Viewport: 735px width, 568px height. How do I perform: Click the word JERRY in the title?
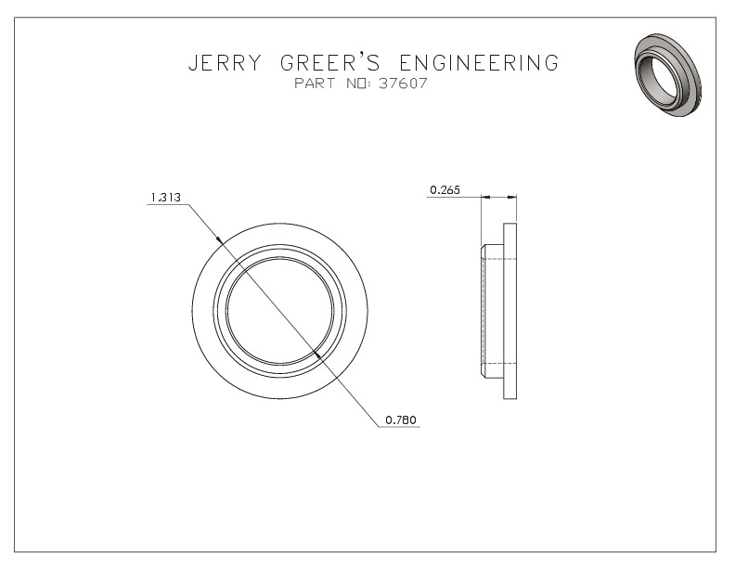tap(225, 63)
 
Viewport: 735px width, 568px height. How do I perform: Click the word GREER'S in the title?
tap(330, 63)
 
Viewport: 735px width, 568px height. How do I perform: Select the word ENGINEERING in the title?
tap(479, 63)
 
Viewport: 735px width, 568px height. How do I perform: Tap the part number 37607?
tap(403, 84)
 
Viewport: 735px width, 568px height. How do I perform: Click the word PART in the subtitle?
tap(315, 84)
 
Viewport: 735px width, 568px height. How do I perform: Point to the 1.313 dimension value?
tap(165, 198)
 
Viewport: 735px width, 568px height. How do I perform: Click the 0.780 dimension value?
tap(401, 420)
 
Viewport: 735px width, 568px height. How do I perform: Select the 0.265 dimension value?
tap(445, 190)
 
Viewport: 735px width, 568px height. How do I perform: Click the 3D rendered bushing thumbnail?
tap(667, 75)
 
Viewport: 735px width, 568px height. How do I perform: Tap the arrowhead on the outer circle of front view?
tap(219, 240)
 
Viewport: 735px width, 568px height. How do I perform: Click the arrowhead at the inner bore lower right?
tap(318, 355)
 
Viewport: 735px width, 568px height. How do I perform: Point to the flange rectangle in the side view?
tap(510, 311)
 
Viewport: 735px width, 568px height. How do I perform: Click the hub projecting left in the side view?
tap(492, 311)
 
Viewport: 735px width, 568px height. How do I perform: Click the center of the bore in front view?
tap(280, 311)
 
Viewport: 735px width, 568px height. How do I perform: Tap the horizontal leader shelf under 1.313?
tap(168, 205)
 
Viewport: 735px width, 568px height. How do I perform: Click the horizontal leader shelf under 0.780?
tap(399, 427)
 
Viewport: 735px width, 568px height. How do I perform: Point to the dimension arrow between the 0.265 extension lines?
tap(498, 198)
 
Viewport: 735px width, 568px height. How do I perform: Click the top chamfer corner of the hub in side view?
tap(484, 247)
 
